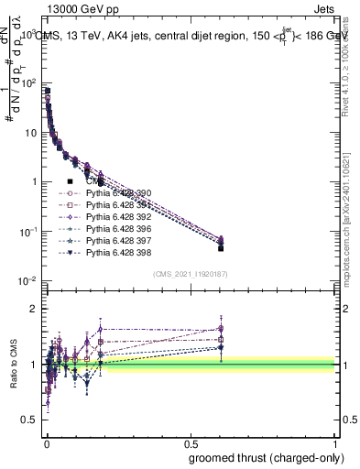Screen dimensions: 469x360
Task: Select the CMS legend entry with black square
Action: [x=96, y=181]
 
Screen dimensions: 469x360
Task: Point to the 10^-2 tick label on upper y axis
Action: [x=27, y=281]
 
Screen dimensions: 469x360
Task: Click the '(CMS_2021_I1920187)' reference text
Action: [x=191, y=274]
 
